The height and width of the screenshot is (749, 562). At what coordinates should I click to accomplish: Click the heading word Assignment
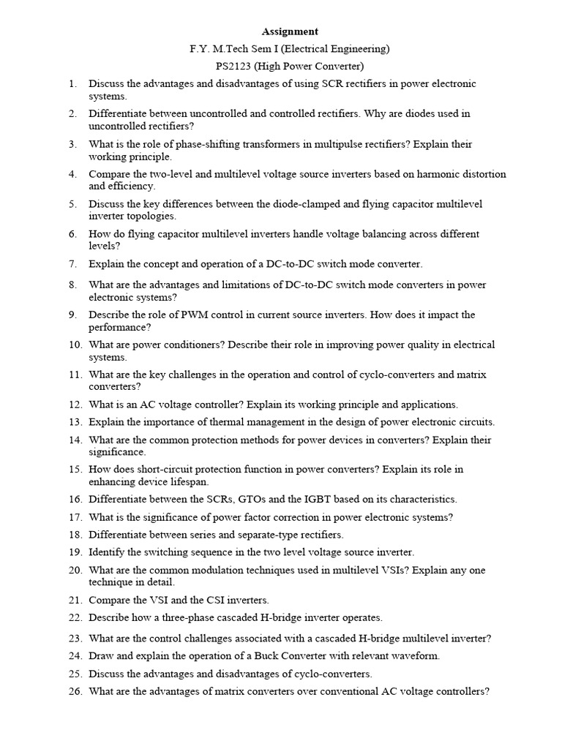[291, 31]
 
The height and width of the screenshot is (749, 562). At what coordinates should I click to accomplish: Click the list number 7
[73, 264]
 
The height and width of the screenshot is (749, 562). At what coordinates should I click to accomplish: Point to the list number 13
[75, 422]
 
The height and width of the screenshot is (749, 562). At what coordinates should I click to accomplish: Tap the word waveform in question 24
[417, 656]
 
